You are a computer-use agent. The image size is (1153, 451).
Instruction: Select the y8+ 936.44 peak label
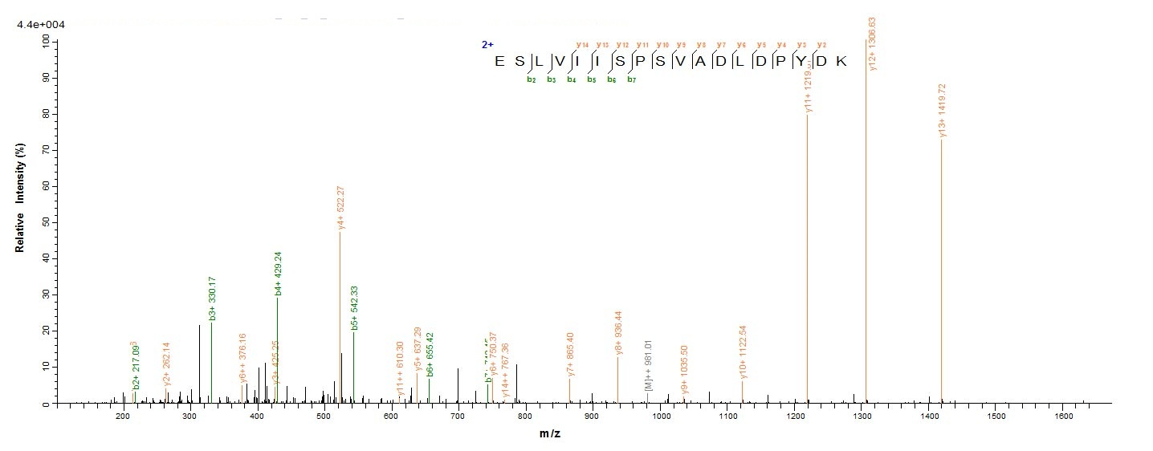617,333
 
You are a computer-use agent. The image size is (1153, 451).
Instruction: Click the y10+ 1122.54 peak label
743,351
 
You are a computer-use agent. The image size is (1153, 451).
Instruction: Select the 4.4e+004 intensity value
42,25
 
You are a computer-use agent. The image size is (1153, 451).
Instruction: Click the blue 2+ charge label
487,45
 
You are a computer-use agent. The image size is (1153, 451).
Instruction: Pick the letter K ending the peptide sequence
841,63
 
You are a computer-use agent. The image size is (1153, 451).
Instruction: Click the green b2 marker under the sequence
531,79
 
